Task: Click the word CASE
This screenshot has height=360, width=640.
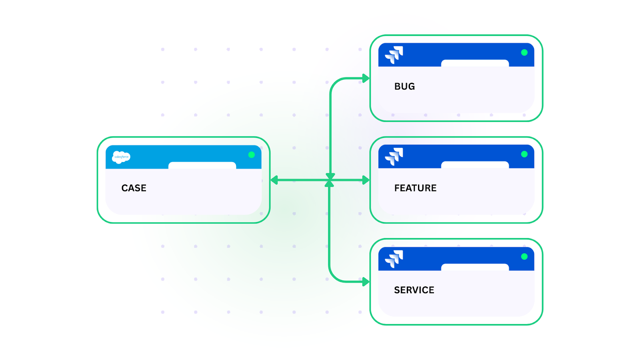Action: [x=134, y=188]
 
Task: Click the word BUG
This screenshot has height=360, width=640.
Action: [x=404, y=86]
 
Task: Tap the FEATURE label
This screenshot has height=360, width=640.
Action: [x=415, y=188]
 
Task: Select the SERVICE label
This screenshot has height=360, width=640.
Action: [x=414, y=290]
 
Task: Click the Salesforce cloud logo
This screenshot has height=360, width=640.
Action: [x=121, y=157]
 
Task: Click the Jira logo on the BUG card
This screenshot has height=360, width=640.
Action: [x=394, y=55]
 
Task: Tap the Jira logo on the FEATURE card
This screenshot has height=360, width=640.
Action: [x=394, y=156]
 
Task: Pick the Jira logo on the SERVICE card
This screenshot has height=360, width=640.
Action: [x=394, y=259]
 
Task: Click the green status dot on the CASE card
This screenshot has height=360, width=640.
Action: [x=251, y=155]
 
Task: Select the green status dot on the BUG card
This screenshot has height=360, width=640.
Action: [x=524, y=52]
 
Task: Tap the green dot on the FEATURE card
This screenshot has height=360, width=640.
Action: [x=524, y=154]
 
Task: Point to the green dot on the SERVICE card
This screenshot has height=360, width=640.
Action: [x=524, y=256]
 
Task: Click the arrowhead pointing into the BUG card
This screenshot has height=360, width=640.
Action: [x=366, y=78]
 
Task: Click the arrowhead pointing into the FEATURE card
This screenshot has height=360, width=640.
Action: [x=366, y=180]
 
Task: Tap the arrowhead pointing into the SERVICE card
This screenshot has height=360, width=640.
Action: [x=366, y=282]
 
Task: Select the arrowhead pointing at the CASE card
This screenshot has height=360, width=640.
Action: [x=274, y=180]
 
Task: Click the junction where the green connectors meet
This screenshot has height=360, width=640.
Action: [x=330, y=180]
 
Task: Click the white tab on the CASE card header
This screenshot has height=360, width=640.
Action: [x=202, y=165]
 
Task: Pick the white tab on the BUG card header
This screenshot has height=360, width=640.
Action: [x=475, y=63]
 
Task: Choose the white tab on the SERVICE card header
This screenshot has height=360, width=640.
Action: [x=475, y=267]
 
